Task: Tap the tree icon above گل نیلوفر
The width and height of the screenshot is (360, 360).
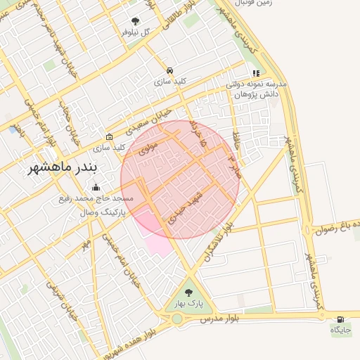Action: [136, 21]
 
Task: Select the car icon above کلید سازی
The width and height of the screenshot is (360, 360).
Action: [170, 70]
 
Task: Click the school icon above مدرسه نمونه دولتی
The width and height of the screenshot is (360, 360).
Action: [257, 72]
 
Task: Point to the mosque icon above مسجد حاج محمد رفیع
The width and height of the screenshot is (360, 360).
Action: [96, 187]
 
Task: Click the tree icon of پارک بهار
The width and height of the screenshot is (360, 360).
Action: [188, 292]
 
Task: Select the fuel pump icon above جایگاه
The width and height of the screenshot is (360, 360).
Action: [341, 319]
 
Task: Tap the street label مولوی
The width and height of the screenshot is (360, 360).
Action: [148, 148]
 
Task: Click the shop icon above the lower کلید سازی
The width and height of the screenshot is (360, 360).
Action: [109, 137]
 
